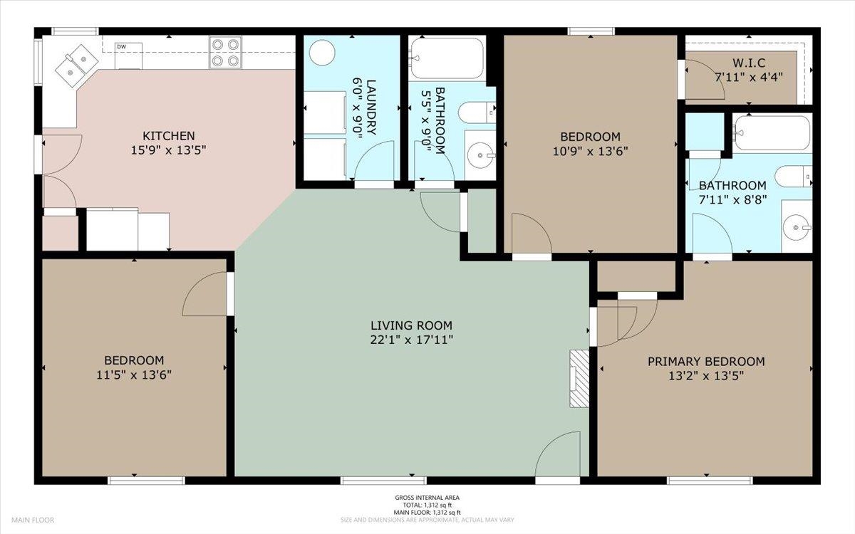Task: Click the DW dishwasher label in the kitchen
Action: coord(121,47)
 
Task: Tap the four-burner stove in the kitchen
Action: coord(225,52)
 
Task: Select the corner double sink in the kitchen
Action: coord(77,66)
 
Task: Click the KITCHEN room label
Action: coord(169,136)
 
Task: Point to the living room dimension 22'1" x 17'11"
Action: coord(412,340)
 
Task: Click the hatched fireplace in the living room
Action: coord(579,379)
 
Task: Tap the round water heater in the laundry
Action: coord(322,52)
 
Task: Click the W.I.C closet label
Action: coord(749,63)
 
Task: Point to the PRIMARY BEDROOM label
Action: coord(706,361)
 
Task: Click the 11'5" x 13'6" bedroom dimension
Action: coord(134,375)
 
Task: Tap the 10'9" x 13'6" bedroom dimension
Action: coord(591,152)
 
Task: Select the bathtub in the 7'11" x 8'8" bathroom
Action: coord(772,133)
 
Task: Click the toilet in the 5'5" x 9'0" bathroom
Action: coord(477,112)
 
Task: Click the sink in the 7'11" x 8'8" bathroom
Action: coord(797,227)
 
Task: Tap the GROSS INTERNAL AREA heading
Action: coord(427,498)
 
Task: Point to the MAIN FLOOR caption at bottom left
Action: coord(33,520)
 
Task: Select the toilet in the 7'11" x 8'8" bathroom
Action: coord(793,177)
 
